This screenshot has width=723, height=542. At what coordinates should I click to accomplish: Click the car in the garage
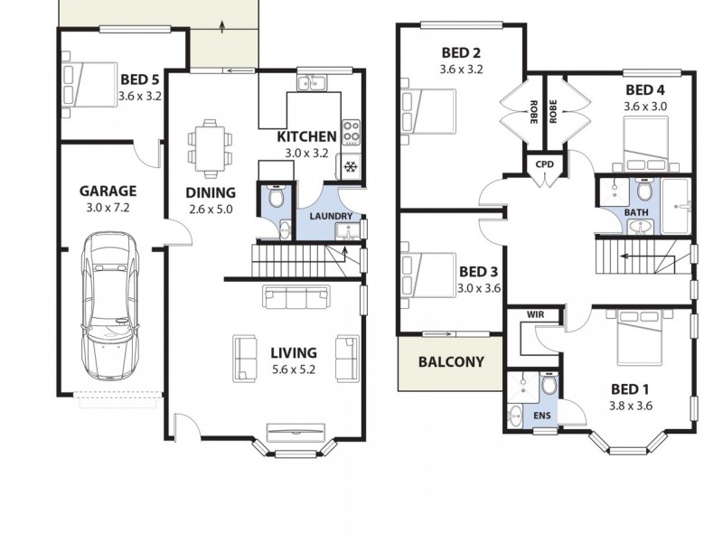click(108, 307)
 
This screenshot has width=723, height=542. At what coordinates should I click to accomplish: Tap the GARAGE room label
click(108, 191)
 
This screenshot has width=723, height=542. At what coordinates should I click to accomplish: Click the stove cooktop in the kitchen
click(350, 133)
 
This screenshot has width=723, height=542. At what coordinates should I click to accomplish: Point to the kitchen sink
click(313, 84)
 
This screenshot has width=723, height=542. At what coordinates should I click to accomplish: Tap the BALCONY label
click(451, 362)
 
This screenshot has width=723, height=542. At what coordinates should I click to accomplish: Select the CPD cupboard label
click(545, 164)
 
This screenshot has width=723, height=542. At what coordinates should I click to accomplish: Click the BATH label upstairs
click(636, 213)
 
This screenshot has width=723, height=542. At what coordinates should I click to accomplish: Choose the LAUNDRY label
click(330, 217)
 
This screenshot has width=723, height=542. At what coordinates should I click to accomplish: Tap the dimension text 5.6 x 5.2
click(293, 369)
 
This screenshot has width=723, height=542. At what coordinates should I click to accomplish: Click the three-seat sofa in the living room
click(296, 296)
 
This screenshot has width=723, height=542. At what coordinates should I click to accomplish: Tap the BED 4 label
click(645, 89)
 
